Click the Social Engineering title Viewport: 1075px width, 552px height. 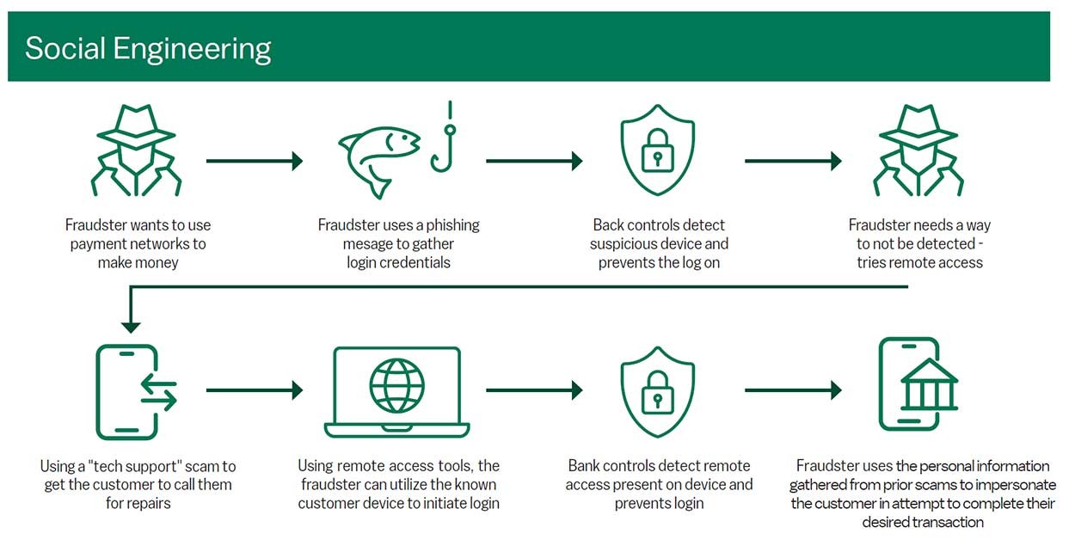coord(148,49)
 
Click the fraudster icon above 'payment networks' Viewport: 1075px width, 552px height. coord(136,150)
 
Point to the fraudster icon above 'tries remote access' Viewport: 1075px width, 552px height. coord(918,150)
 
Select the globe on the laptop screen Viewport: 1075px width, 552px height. coord(396,385)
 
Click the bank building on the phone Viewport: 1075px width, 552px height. coord(929,384)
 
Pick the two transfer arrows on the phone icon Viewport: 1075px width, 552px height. coord(159,392)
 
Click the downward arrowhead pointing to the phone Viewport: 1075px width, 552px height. coord(131,328)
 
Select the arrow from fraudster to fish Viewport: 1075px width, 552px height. coord(255,161)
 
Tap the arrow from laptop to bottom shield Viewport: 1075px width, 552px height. coord(535,390)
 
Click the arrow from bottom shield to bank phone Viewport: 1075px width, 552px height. coord(793,390)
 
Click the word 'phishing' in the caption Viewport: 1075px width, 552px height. coord(452,225)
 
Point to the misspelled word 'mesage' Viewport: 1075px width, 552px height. coord(365,244)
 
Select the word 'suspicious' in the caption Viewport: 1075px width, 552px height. coord(620,244)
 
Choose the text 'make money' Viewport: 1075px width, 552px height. coord(138,262)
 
